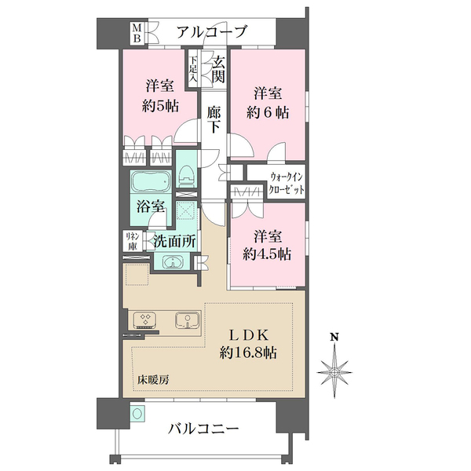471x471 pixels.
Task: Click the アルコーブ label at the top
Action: pyautogui.click(x=211, y=32)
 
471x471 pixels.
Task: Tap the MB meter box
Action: pyautogui.click(x=136, y=32)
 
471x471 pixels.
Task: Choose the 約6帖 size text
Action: pyautogui.click(x=267, y=112)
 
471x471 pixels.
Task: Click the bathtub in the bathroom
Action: pyautogui.click(x=149, y=183)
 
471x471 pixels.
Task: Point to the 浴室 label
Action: pyautogui.click(x=148, y=208)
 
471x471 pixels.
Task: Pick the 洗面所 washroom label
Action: pyautogui.click(x=174, y=243)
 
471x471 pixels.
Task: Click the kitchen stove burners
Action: pyautogui.click(x=147, y=319)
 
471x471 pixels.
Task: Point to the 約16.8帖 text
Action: pyautogui.click(x=248, y=353)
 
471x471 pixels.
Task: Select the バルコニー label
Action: pyautogui.click(x=205, y=429)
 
